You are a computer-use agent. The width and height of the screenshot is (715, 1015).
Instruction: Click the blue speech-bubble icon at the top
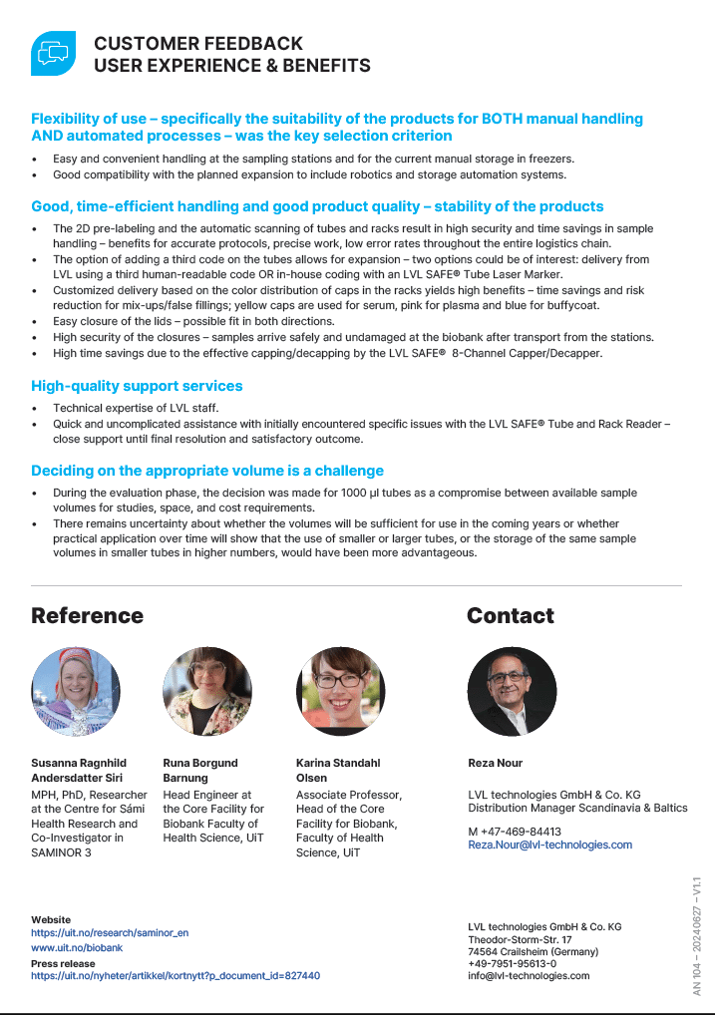click(53, 53)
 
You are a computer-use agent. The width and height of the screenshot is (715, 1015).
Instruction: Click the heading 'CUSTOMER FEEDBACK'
click(197, 44)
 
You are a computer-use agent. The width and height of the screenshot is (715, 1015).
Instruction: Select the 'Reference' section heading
click(87, 615)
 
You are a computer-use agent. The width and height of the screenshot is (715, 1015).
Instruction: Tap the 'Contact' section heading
click(510, 615)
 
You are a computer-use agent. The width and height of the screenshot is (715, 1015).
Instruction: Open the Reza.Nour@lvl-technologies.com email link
click(549, 845)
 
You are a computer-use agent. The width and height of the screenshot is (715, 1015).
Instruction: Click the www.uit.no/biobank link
click(77, 948)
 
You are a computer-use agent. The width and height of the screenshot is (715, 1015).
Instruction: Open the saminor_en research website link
click(110, 933)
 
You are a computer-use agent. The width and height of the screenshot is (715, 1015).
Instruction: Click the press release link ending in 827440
click(176, 976)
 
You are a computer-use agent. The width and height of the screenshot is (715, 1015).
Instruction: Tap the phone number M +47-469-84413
click(515, 831)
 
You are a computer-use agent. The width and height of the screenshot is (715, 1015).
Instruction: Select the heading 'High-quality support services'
click(137, 386)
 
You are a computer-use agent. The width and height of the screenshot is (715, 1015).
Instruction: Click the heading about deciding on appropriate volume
click(206, 471)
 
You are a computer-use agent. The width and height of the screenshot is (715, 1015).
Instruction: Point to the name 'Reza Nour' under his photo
click(495, 764)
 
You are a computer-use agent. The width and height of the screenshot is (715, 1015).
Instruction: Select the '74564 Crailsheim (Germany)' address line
click(534, 952)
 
